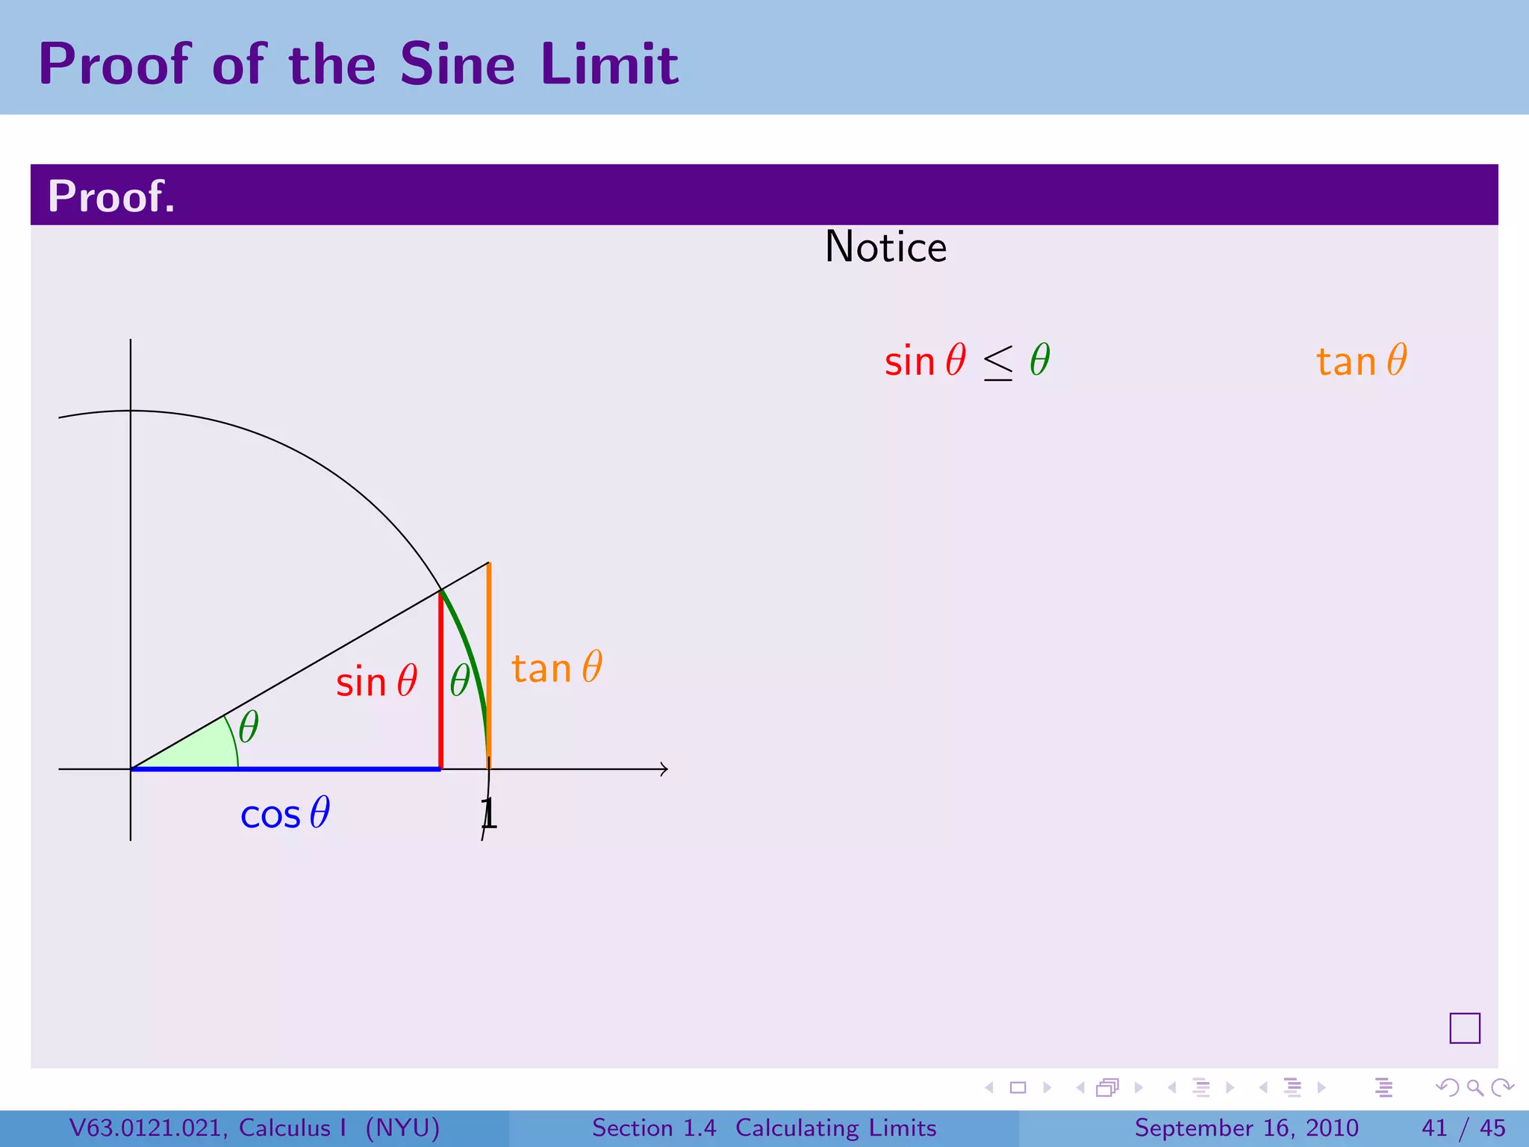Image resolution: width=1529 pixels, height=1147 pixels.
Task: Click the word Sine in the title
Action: coord(457,64)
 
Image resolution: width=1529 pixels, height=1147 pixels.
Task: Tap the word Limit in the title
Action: coord(609,64)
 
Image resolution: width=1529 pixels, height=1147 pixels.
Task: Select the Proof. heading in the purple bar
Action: coord(111,196)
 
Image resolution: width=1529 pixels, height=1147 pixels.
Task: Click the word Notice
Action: coord(885,247)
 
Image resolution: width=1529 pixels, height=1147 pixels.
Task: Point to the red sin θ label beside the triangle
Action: coord(376,682)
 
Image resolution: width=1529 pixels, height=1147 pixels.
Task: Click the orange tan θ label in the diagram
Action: coord(556,668)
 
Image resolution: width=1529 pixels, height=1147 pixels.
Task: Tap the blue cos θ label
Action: coord(284,813)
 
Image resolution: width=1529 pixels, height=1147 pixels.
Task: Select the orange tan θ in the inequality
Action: coord(1361,361)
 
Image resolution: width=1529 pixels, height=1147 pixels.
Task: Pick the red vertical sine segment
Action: coord(440,680)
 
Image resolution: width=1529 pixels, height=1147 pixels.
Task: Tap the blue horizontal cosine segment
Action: coord(284,768)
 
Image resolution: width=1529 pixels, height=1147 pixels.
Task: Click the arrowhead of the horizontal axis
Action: coord(664,768)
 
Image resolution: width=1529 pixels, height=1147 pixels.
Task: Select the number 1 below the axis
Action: coord(488,813)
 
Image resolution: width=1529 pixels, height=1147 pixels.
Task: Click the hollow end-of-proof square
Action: coord(1464,1028)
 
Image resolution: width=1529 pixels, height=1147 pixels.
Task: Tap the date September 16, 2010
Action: coord(1246,1128)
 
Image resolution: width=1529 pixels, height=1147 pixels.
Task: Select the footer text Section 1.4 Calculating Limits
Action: coord(764,1128)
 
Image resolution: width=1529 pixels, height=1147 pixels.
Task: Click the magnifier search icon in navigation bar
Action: coord(1474,1088)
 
